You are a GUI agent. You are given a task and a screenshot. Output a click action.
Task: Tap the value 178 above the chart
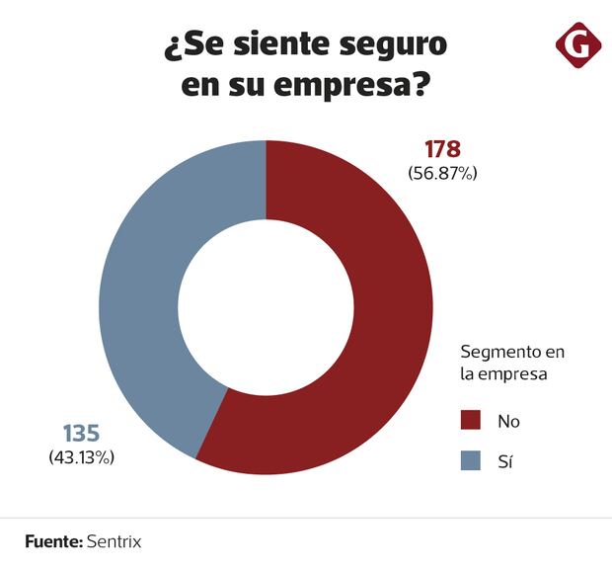click(442, 150)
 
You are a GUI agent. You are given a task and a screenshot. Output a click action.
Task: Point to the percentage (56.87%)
click(442, 174)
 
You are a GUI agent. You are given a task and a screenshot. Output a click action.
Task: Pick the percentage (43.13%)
click(82, 457)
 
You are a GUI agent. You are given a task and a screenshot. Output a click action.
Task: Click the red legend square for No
click(471, 421)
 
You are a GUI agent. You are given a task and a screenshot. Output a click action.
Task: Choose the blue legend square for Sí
click(471, 460)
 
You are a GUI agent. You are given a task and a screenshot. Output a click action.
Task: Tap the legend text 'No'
click(508, 422)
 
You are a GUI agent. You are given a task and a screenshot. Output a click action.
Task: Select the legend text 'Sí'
click(505, 460)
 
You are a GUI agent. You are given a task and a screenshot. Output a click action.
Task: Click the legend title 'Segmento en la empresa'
click(512, 363)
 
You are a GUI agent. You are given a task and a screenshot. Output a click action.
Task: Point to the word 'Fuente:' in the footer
click(52, 542)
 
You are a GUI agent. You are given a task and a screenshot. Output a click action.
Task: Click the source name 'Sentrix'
click(115, 542)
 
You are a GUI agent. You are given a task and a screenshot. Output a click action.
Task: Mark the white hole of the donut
click(266, 306)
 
